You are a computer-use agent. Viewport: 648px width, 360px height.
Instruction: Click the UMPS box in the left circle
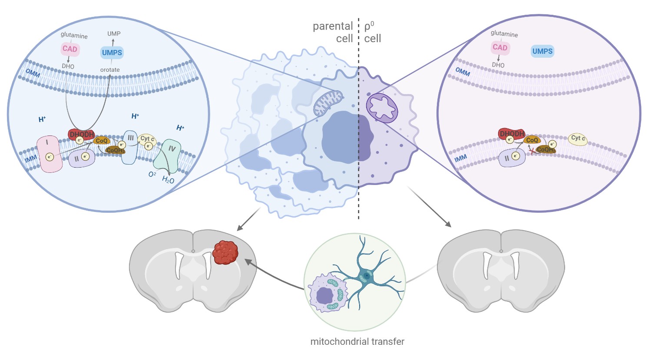click(112, 53)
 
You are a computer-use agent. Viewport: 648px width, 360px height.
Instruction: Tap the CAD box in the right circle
click(500, 47)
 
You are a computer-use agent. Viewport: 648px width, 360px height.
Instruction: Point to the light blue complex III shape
click(130, 146)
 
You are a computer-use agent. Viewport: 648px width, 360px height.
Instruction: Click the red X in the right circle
click(531, 151)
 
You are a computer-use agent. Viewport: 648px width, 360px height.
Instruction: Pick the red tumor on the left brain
click(225, 252)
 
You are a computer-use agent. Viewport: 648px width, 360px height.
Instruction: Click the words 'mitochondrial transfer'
click(357, 342)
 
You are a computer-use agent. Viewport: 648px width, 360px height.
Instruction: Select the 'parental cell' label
click(333, 33)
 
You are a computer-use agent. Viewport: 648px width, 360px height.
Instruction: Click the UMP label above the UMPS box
click(114, 33)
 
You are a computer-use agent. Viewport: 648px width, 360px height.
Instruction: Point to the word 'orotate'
click(110, 69)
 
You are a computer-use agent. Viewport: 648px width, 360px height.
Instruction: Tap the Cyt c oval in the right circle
click(578, 139)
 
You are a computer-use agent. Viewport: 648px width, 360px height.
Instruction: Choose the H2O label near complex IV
click(168, 179)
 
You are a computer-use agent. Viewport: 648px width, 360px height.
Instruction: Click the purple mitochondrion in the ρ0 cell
click(382, 108)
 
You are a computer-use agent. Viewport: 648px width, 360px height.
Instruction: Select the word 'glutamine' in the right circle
click(504, 33)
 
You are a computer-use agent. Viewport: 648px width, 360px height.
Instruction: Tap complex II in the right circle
click(512, 157)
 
